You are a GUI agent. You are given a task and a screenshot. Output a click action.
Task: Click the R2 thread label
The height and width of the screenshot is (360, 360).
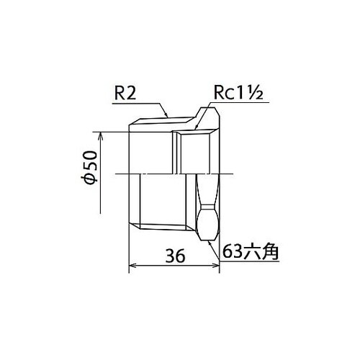(x=126, y=93)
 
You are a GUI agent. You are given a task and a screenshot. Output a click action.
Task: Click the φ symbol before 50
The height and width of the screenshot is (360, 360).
(x=89, y=180)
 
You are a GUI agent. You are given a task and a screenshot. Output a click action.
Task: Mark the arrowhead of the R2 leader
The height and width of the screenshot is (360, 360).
(x=167, y=115)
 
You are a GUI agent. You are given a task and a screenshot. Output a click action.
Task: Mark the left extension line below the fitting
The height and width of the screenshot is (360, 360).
(x=129, y=252)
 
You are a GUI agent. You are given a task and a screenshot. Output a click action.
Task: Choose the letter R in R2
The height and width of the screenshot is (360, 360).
(x=121, y=93)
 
